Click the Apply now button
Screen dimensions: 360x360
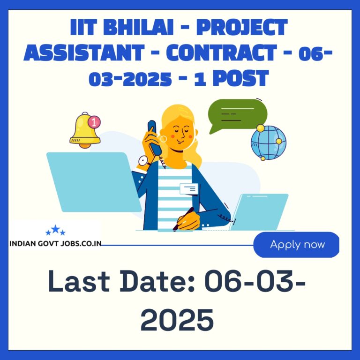coord(296,245)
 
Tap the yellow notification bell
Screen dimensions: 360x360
coord(84,130)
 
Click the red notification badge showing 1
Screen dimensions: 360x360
coord(94,122)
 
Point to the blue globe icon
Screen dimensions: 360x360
coord(269,142)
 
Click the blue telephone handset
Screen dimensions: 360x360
coord(154,137)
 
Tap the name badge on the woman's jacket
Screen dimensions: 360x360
coord(189,189)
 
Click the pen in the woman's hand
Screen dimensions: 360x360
coord(183,219)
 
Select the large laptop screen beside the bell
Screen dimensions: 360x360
coord(94,182)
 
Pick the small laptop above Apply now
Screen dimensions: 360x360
coord(259,212)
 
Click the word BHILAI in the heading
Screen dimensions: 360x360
coord(138,27)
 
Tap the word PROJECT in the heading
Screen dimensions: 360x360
coord(242,28)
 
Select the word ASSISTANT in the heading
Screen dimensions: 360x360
coord(84,52)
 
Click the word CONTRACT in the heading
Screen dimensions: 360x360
coord(222,52)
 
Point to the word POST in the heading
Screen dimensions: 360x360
coord(240,78)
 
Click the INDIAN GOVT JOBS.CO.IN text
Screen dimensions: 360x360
coord(55,243)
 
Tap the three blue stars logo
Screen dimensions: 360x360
coord(55,230)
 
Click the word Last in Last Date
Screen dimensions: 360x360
coord(79,281)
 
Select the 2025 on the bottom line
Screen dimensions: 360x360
coord(177,320)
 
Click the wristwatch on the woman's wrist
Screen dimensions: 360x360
coord(144,161)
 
